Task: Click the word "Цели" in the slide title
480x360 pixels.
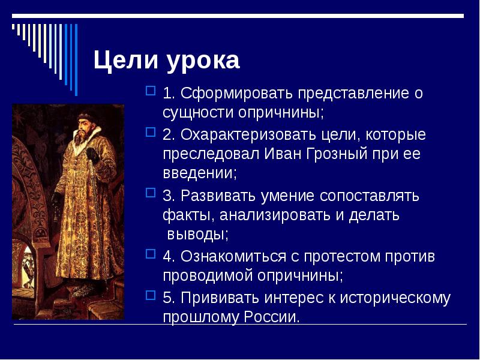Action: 119,61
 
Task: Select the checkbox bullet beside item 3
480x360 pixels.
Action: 151,194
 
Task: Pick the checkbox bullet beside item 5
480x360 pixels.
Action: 151,296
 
